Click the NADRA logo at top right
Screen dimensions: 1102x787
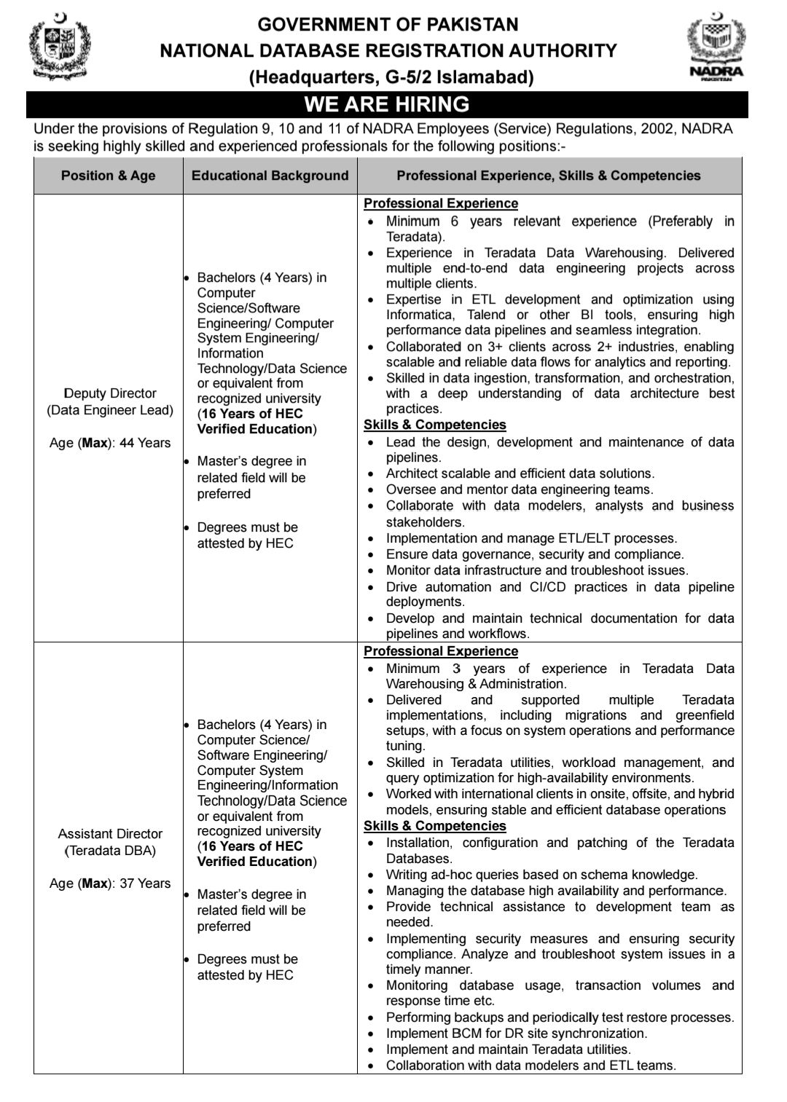point(716,49)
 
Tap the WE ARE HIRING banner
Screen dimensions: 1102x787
point(387,105)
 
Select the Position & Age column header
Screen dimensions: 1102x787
point(108,176)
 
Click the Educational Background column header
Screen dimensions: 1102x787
point(270,176)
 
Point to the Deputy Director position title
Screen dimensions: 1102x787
point(110,393)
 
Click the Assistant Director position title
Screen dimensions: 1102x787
point(110,833)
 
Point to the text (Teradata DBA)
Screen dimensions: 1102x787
point(110,850)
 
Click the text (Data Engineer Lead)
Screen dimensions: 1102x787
point(110,410)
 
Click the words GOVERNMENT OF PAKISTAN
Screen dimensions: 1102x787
point(388,25)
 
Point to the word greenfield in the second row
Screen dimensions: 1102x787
point(705,715)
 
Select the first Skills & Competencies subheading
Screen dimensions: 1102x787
point(435,425)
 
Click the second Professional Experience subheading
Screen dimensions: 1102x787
point(441,651)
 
